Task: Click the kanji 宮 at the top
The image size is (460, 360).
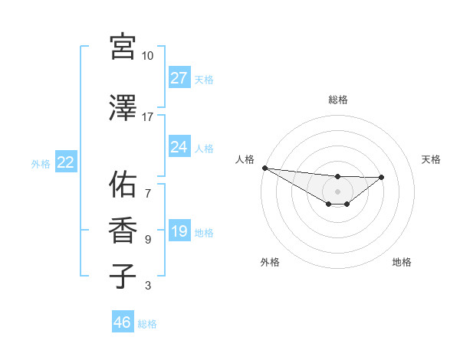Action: pos(123,47)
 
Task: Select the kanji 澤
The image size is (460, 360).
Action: pos(123,109)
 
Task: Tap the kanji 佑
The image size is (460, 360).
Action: pos(123,184)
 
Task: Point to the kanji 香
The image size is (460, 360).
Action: pos(123,230)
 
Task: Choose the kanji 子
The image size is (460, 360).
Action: pos(123,276)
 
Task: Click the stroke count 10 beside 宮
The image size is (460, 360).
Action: pos(148,56)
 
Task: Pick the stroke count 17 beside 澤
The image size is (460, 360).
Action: pos(148,117)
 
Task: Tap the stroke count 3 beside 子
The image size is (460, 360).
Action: pos(148,286)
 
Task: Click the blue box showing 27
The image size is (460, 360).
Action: pos(179,78)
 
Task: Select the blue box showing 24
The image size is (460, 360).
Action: pos(179,147)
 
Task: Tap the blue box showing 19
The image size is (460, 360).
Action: pos(179,231)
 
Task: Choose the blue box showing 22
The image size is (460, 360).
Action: pos(65,162)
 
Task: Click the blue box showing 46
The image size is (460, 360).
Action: pos(123,322)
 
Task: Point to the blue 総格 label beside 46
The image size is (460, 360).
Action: pos(148,324)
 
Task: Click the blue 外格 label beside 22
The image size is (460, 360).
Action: pos(41,163)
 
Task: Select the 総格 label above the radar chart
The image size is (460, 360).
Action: pos(338,100)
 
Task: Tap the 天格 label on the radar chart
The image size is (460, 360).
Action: pos(432,159)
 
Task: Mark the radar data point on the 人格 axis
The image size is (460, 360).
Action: pos(264,168)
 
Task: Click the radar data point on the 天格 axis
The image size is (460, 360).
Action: pos(382,177)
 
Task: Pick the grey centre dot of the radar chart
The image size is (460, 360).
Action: pos(338,191)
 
